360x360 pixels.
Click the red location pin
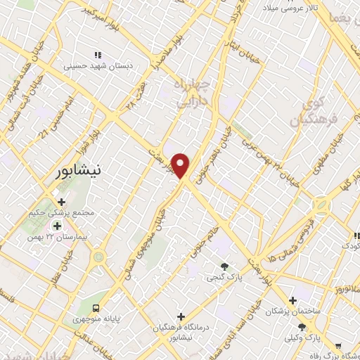tap(181, 166)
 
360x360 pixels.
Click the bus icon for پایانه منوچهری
tap(96, 307)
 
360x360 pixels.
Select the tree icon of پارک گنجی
tap(224, 266)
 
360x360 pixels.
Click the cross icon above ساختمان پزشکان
tap(292, 301)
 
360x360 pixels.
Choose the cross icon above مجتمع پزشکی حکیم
tap(61, 202)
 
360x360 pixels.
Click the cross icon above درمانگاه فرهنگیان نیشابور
tap(181, 317)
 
